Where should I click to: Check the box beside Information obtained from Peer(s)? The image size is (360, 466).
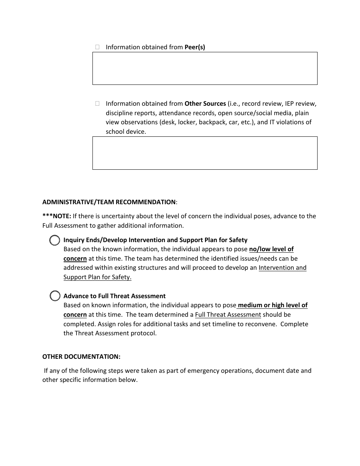pyautogui.click(x=97, y=47)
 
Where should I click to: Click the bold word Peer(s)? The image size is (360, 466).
pyautogui.click(x=194, y=47)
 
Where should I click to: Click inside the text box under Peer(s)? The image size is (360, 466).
pyautogui.click(x=205, y=68)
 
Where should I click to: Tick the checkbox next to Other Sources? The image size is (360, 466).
pyautogui.click(x=97, y=103)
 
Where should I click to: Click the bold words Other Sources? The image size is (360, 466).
pyautogui.click(x=205, y=103)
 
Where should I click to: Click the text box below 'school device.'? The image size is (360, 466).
pyautogui.click(x=205, y=153)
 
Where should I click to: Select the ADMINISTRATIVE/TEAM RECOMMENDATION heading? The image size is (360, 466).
pyautogui.click(x=109, y=202)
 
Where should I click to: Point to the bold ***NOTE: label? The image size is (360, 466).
pyautogui.click(x=57, y=216)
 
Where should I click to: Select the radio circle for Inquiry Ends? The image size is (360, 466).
pyautogui.click(x=55, y=240)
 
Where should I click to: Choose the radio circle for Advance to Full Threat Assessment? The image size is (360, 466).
pyautogui.click(x=55, y=296)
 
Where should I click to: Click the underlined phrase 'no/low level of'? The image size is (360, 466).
pyautogui.click(x=271, y=249)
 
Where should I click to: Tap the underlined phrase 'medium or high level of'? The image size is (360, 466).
pyautogui.click(x=272, y=305)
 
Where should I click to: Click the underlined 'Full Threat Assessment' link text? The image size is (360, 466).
pyautogui.click(x=228, y=314)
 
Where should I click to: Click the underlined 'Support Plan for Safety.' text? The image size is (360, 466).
pyautogui.click(x=97, y=277)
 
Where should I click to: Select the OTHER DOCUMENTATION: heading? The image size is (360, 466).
pyautogui.click(x=81, y=357)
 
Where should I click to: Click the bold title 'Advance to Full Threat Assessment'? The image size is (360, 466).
pyautogui.click(x=114, y=296)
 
